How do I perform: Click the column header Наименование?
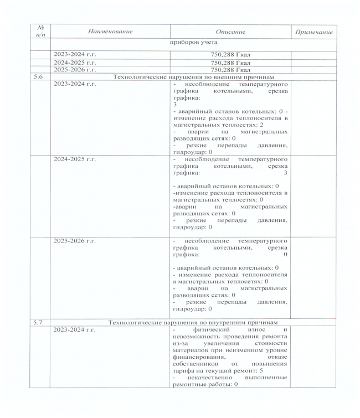click(111, 32)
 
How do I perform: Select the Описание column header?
click(228, 32)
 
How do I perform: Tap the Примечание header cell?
click(314, 32)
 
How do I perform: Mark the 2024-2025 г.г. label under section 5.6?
click(75, 159)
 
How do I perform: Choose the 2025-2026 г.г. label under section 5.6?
click(75, 242)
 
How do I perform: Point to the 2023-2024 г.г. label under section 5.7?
click(75, 330)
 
